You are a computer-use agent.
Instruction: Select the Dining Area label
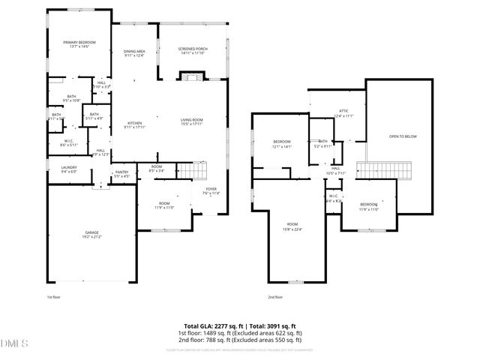[134, 52]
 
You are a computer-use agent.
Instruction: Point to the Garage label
[91, 235]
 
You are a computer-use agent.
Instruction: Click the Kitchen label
[134, 124]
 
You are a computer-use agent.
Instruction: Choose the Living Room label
[192, 121]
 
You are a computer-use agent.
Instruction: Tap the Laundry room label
[69, 169]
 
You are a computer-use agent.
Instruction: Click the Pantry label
[121, 174]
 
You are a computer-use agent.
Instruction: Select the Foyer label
[211, 190]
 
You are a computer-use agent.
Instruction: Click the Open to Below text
[402, 136]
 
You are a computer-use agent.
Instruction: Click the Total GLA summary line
[240, 326]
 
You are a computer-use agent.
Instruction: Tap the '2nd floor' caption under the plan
[275, 297]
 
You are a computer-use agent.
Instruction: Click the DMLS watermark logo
[13, 344]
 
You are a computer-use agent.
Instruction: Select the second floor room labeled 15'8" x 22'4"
[292, 226]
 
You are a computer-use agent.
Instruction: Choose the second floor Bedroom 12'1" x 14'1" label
[282, 144]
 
